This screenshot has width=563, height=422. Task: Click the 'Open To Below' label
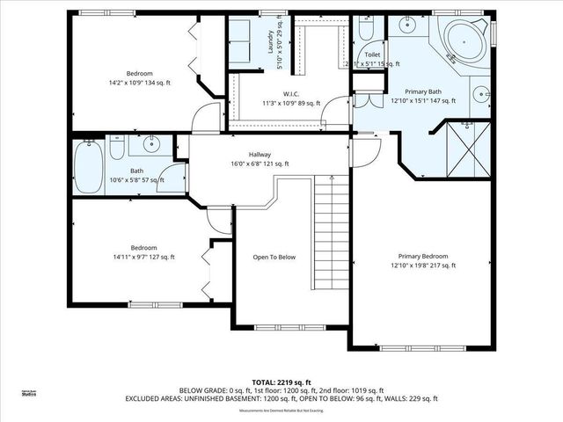point(274,258)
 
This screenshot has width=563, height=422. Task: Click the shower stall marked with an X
point(463,145)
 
